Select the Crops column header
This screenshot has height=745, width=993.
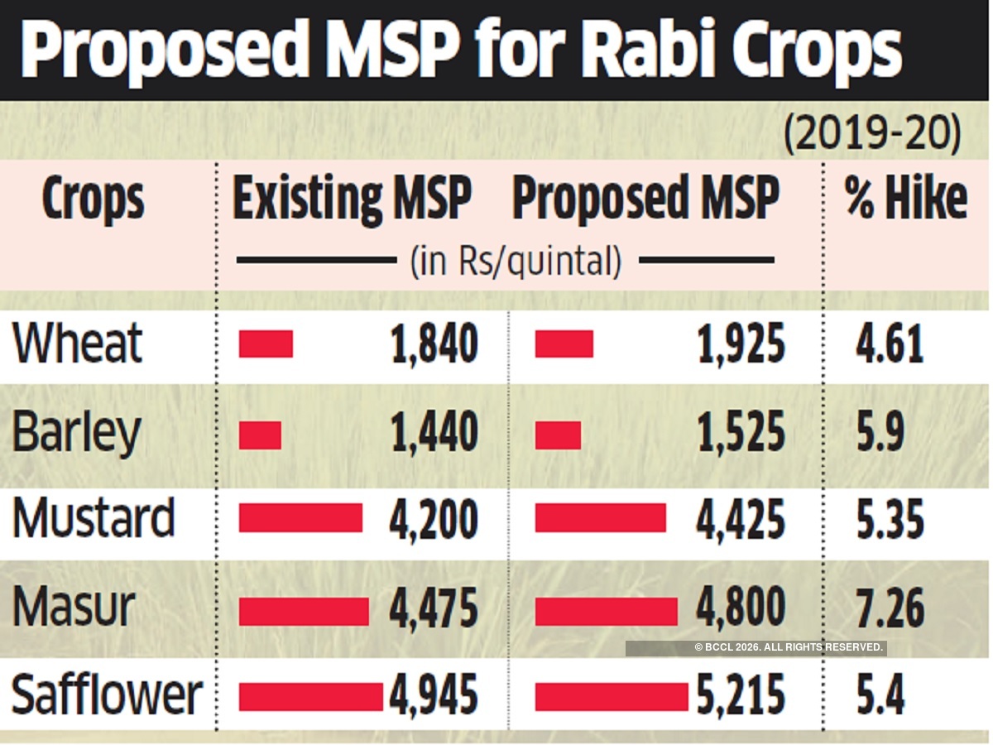point(93,200)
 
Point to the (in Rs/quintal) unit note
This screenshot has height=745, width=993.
point(516,262)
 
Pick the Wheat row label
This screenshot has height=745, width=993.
point(78,344)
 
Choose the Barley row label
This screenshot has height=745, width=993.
point(77,433)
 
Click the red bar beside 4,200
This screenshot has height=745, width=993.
point(300,518)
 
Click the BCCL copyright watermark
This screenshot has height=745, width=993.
point(789,648)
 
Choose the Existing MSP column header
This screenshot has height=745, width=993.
point(352,199)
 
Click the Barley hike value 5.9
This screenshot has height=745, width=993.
point(880,433)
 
